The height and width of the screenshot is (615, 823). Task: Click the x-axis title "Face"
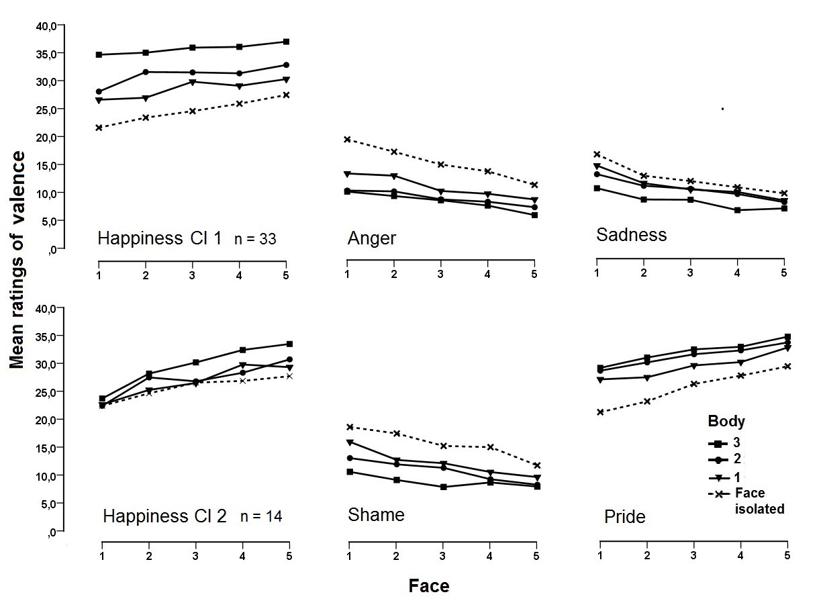(x=429, y=586)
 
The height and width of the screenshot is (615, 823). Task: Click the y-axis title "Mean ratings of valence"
(x=18, y=259)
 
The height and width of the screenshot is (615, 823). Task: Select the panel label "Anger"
(x=372, y=238)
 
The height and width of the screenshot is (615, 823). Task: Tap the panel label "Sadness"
(x=631, y=234)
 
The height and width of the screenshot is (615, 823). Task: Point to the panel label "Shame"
(x=376, y=515)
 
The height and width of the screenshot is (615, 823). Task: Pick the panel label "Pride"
(x=625, y=516)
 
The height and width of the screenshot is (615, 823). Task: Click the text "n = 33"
(x=255, y=238)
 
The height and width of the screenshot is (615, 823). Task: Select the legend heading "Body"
(x=726, y=422)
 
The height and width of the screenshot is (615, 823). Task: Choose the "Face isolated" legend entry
(x=759, y=501)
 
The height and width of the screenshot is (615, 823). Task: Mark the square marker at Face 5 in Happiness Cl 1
(x=286, y=42)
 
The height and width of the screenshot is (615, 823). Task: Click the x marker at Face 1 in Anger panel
(x=347, y=140)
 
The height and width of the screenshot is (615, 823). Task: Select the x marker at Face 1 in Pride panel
(x=599, y=412)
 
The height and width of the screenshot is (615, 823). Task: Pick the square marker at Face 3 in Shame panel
(x=442, y=487)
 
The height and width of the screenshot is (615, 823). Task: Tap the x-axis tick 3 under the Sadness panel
(x=691, y=273)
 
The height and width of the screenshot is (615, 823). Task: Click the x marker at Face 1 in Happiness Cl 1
(x=99, y=128)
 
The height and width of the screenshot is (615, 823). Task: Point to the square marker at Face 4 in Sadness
(x=737, y=210)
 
